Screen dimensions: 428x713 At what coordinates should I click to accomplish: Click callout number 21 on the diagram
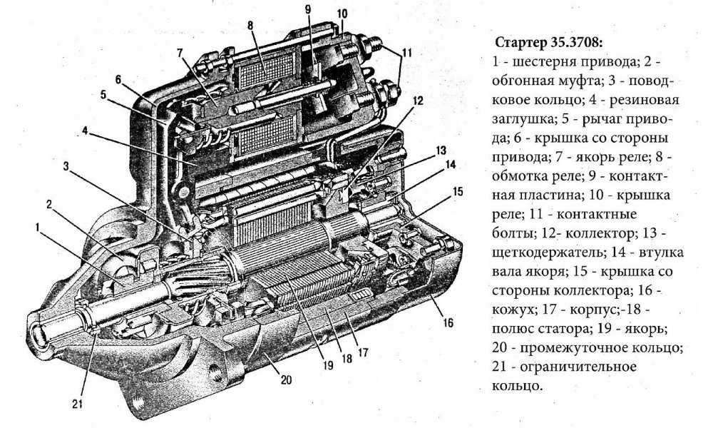pos(78,404)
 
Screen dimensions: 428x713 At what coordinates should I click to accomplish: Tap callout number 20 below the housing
pos(287,379)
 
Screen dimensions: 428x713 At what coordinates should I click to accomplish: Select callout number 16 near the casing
pos(448,323)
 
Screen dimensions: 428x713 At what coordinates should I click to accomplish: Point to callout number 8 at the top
pos(251,26)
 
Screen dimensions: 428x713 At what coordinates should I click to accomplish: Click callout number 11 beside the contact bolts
pos(406,53)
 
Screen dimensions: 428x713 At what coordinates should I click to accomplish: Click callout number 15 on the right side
pos(457,192)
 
